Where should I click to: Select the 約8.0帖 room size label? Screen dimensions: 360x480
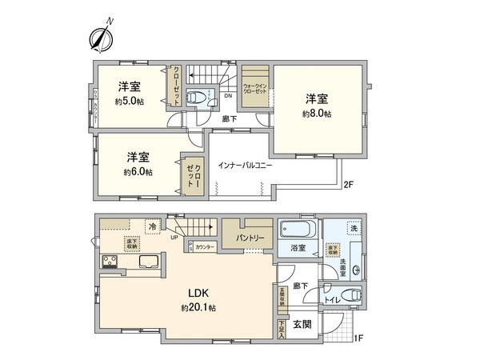(317, 114)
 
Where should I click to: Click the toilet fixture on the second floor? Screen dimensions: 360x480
(197, 98)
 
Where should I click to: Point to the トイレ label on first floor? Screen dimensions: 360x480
(330, 299)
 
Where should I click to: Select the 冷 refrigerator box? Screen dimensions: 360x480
(153, 226)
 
